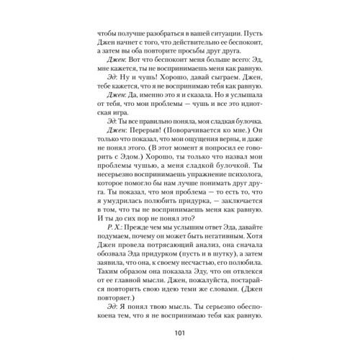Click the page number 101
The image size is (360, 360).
click(x=179, y=333)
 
